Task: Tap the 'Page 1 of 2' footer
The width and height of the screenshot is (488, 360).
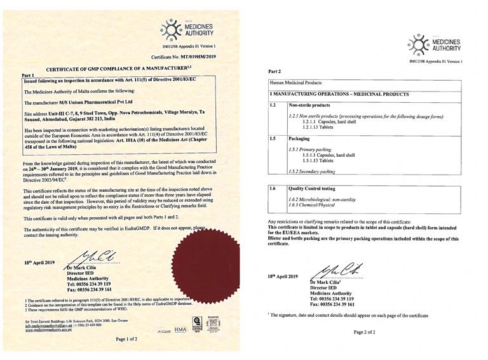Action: tap(126, 340)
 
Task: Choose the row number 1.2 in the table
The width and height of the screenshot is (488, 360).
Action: tap(273, 104)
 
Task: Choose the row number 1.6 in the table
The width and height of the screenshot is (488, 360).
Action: tap(273, 189)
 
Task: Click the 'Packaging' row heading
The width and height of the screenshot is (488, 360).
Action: tap(301, 138)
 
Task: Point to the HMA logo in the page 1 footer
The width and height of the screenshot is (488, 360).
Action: tap(181, 328)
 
